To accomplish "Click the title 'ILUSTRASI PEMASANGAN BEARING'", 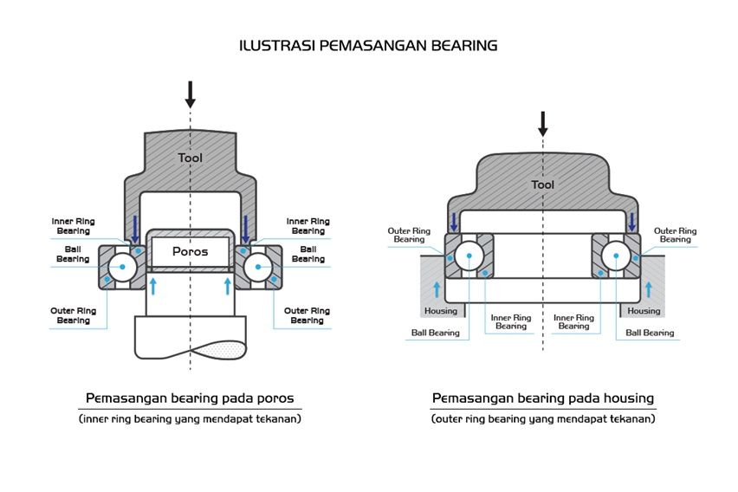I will pos(368,45).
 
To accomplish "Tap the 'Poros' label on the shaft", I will pos(190,251).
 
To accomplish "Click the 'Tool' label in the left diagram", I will pos(190,158).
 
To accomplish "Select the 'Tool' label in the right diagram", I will pos(542,184).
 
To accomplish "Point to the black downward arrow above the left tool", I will pos(190,94).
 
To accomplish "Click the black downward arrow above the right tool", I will pos(543,124).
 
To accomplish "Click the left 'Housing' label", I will pos(440,311).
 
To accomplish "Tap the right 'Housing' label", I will pos(644,311).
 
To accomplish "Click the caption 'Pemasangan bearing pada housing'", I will pos(542,398).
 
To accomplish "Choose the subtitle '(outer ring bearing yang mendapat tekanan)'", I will pos(542,418).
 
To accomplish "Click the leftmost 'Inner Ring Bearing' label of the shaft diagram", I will pos(74,226).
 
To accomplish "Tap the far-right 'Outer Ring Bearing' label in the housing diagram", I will pos(675,235).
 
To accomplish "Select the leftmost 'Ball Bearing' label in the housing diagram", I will pos(435,333).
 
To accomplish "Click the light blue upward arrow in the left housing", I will pos(436,289).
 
